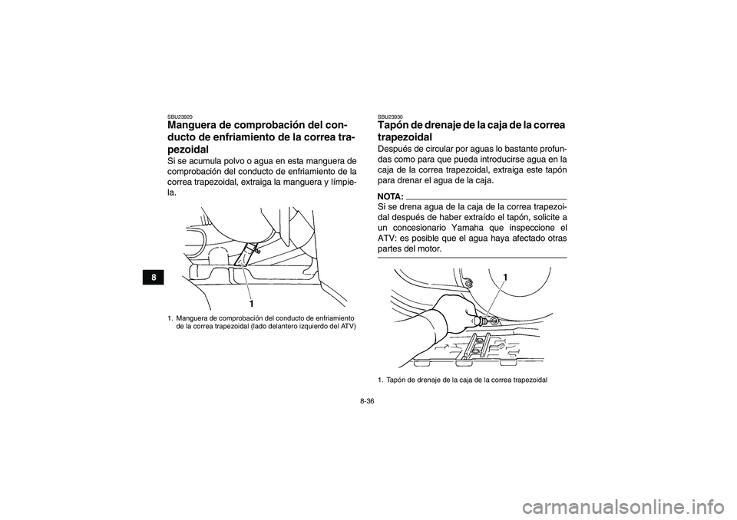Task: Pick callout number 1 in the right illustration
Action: (x=506, y=275)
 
